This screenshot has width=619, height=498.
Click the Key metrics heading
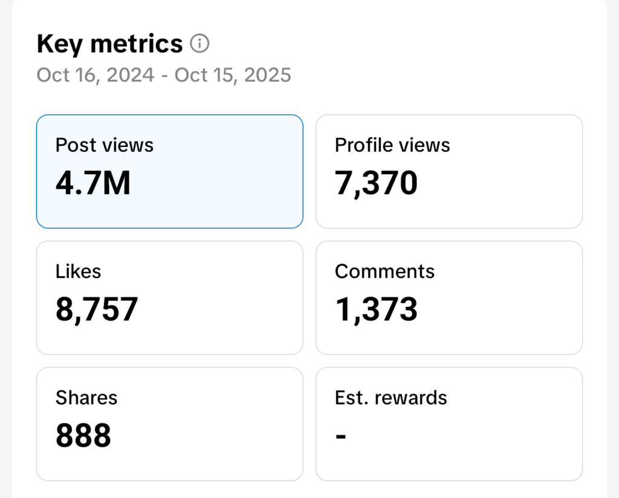pyautogui.click(x=109, y=44)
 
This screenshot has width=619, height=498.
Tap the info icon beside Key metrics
pyautogui.click(x=199, y=44)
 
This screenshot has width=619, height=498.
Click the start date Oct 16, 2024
pyautogui.click(x=94, y=75)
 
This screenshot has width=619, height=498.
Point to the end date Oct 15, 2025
pyautogui.click(x=233, y=75)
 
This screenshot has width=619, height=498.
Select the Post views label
pyautogui.click(x=105, y=145)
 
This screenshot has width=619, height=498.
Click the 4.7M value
pyautogui.click(x=93, y=183)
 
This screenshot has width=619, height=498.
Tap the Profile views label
pyautogui.click(x=392, y=145)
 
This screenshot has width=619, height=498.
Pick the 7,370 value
pyautogui.click(x=376, y=183)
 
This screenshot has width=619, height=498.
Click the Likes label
pyautogui.click(x=78, y=271)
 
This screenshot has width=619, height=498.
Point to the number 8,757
pyautogui.click(x=97, y=309)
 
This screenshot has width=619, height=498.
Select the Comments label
pyautogui.click(x=384, y=271)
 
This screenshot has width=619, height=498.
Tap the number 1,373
pyautogui.click(x=376, y=309)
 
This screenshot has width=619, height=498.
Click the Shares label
pyautogui.click(x=86, y=398)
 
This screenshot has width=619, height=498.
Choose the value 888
pyautogui.click(x=83, y=436)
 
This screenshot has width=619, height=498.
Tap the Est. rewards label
pyautogui.click(x=391, y=398)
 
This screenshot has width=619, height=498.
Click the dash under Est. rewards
pyautogui.click(x=341, y=436)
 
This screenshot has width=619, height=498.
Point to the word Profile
pyautogui.click(x=361, y=145)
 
